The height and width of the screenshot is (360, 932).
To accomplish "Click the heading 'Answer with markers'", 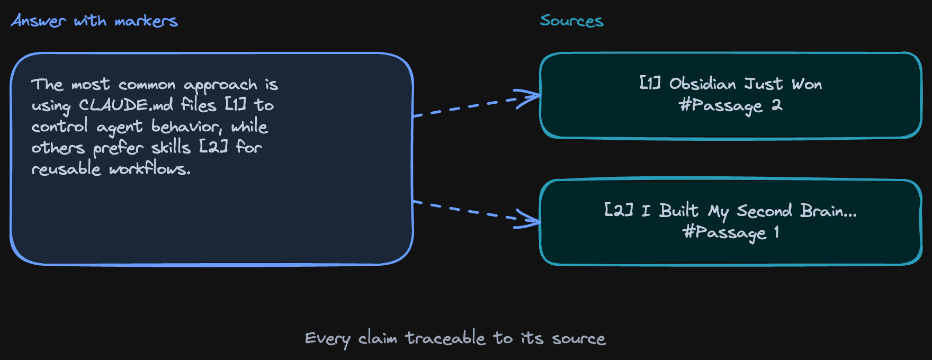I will [x=94, y=21].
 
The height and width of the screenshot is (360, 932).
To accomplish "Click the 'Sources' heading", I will [x=571, y=21].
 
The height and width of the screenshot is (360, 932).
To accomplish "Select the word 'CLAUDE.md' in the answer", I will [x=126, y=105].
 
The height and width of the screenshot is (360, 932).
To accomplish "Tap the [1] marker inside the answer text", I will [x=236, y=105].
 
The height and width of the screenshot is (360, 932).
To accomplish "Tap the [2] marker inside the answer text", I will [x=213, y=147].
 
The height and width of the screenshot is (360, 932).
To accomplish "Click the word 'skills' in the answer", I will [x=171, y=147].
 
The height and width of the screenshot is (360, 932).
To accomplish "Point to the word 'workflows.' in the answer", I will [x=150, y=168].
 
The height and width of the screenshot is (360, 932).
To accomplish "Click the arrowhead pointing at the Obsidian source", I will [x=532, y=96].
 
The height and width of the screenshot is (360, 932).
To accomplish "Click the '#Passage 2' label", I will [x=731, y=105].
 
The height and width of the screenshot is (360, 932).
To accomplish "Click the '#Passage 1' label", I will [x=731, y=232].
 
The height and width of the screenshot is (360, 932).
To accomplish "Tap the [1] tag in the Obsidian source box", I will [x=650, y=84].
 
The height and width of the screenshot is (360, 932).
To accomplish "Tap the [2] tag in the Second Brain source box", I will [x=619, y=211].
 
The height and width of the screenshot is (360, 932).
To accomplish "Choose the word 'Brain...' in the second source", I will [x=828, y=211].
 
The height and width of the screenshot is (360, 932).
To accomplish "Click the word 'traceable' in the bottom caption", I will [x=445, y=338].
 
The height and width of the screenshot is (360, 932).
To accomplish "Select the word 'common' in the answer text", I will [x=147, y=85].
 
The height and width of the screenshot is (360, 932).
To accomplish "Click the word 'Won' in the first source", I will [x=807, y=84].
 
